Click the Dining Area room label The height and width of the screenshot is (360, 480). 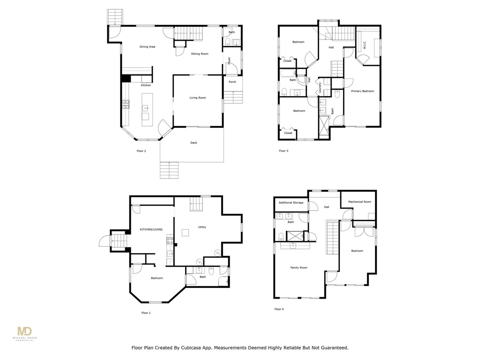[147, 47]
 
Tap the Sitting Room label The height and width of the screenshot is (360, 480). [200, 54]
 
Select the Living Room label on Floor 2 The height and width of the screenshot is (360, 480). [198, 98]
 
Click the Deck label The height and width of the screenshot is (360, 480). [194, 143]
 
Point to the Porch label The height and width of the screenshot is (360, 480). [232, 82]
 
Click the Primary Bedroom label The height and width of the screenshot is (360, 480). [362, 91]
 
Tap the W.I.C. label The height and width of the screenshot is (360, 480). [365, 45]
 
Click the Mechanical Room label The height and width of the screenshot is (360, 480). [360, 202]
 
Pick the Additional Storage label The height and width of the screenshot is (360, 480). [291, 203]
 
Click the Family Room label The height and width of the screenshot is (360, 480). [299, 268]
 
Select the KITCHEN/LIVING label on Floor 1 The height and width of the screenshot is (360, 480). [151, 230]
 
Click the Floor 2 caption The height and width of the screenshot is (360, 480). [141, 151]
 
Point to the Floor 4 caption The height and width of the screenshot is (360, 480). [279, 309]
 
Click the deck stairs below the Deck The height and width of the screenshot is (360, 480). [170, 169]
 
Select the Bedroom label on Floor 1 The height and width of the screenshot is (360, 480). [157, 278]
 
